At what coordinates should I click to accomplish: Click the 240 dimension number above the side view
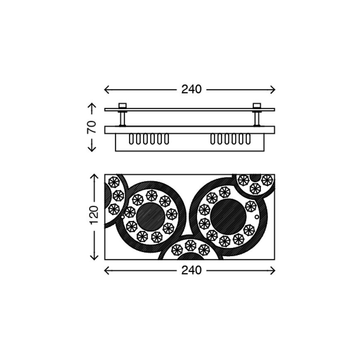pyautogui.click(x=191, y=89)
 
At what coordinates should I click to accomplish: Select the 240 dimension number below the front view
pyautogui.click(x=191, y=270)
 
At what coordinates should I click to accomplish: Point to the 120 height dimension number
pyautogui.click(x=94, y=215)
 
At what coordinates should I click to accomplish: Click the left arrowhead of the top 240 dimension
pyautogui.click(x=107, y=89)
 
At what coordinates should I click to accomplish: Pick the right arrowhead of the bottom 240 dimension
pyautogui.click(x=272, y=270)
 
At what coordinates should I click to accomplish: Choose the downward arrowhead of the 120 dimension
pyautogui.click(x=94, y=258)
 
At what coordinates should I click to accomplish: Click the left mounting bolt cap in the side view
pyautogui.click(x=122, y=105)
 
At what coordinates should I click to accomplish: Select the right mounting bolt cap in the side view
pyautogui.click(x=257, y=105)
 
